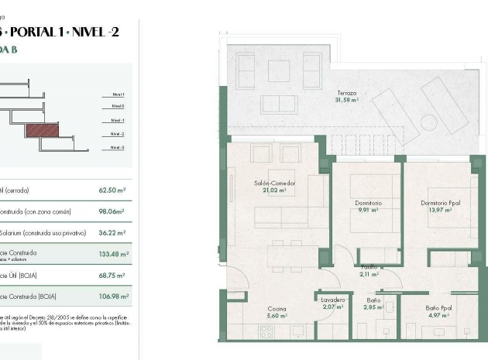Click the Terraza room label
click(x=346, y=92)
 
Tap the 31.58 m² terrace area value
click(x=346, y=100)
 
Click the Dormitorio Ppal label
click(x=439, y=203)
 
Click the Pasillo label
click(x=368, y=266)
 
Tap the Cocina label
click(x=277, y=308)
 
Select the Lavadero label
click(x=333, y=301)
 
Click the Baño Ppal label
click(x=438, y=308)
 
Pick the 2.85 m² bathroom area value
click(x=373, y=308)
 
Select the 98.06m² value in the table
click(x=113, y=210)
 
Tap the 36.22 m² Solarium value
click(x=113, y=231)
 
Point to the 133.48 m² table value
click(x=113, y=253)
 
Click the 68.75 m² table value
click(x=113, y=275)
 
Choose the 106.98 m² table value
click(x=113, y=296)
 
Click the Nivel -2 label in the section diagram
click(x=117, y=133)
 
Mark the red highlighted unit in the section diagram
click(x=43, y=130)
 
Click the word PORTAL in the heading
click(x=40, y=31)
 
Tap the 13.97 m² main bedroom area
click(x=441, y=210)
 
